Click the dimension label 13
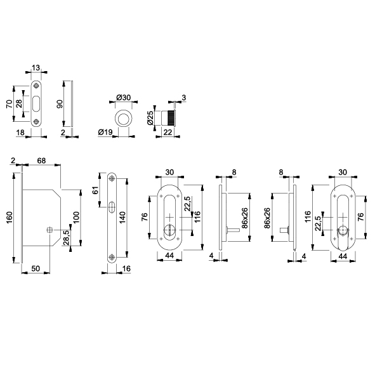(x=36, y=68)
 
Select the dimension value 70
(x=10, y=104)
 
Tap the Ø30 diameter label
(x=123, y=97)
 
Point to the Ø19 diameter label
(x=105, y=132)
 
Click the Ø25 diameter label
(x=150, y=117)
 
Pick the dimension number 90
(x=60, y=104)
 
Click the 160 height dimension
(x=10, y=217)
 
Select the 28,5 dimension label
(x=66, y=237)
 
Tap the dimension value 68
(x=41, y=161)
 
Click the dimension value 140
(x=122, y=217)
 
